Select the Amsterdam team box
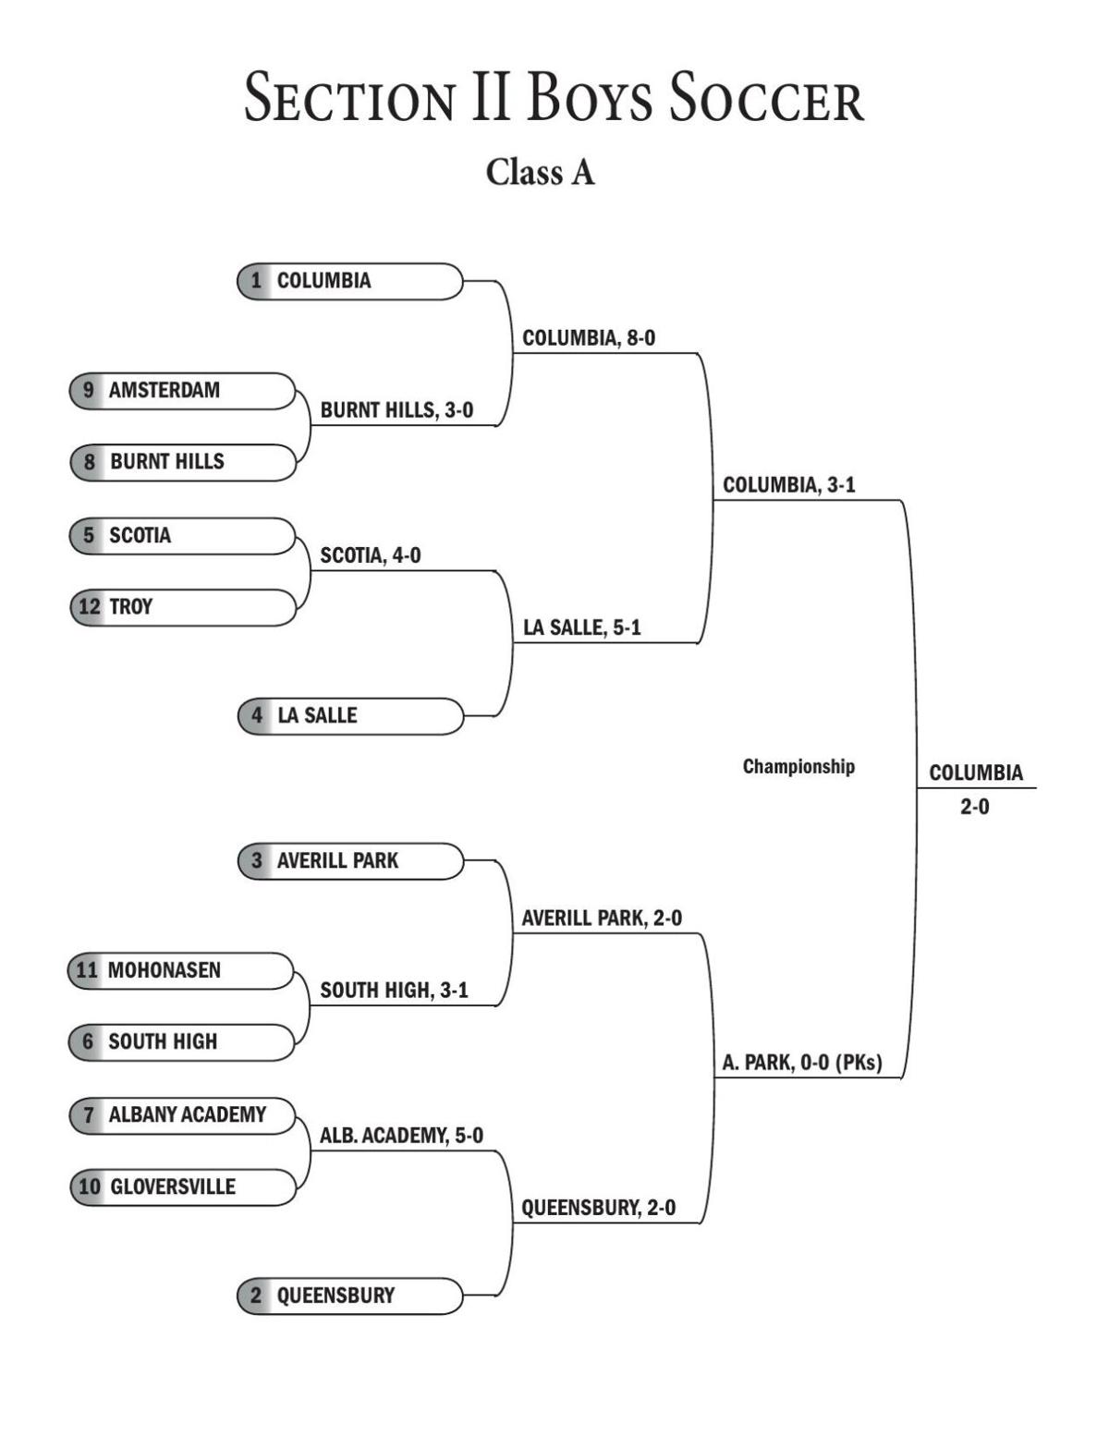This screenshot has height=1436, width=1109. [182, 390]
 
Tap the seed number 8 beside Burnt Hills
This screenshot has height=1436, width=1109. [89, 462]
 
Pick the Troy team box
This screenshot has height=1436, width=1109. [182, 607]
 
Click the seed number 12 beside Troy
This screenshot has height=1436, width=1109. [89, 607]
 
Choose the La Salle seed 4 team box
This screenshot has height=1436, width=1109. [350, 715]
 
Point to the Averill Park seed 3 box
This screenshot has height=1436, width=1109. [350, 860]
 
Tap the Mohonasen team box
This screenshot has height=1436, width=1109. [181, 970]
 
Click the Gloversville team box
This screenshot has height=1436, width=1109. [182, 1187]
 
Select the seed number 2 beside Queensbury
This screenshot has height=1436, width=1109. [256, 1296]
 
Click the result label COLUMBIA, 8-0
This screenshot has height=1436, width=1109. [589, 338]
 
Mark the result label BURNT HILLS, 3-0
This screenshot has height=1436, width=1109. [396, 410]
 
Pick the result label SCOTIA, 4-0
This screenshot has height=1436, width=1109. [370, 555]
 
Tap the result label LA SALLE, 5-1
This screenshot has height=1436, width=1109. [581, 627]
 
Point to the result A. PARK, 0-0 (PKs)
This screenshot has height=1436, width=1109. [801, 1063]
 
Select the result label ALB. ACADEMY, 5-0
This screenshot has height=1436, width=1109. [401, 1136]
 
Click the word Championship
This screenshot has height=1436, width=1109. [798, 766]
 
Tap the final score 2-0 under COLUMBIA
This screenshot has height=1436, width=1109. [974, 807]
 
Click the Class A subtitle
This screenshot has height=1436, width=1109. [541, 172]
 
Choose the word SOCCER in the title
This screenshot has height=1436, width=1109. [766, 99]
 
